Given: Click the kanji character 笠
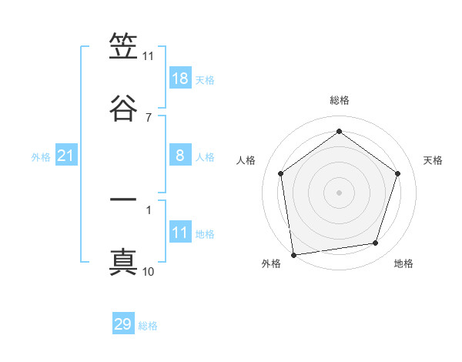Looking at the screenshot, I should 123,48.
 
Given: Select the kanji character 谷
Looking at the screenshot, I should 123,109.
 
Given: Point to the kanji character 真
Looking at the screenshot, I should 123,262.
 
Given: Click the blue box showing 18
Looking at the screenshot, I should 180,79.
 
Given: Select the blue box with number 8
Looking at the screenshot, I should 180,156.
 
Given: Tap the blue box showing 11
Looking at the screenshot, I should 180,233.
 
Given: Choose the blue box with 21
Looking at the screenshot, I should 66,156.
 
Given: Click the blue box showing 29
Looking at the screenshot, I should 123,324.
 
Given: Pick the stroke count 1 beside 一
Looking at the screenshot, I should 148,209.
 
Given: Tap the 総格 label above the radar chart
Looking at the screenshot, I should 340,101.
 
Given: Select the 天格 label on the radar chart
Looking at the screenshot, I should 433,160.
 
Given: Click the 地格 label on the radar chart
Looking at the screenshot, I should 403,263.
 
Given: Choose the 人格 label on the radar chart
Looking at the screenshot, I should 246,160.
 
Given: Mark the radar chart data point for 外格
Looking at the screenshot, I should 293,254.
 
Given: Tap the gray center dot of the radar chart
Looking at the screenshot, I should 340,192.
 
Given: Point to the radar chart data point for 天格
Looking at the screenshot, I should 398,173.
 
